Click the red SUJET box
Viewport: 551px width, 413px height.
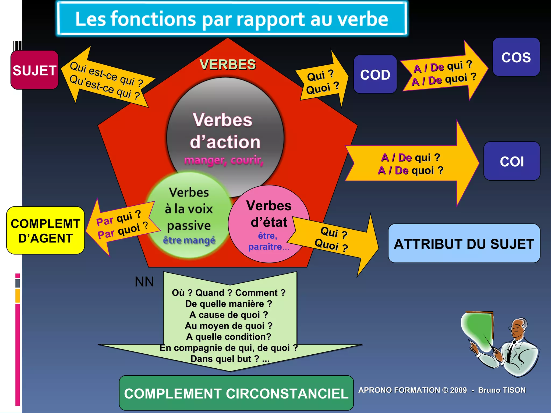click(x=34, y=70)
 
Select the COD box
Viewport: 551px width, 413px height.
click(x=375, y=74)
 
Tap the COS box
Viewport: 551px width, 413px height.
click(x=516, y=57)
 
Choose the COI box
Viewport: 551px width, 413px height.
click(x=512, y=161)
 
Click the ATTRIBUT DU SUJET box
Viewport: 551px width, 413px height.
click(x=464, y=244)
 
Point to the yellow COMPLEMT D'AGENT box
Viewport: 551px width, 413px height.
click(x=45, y=231)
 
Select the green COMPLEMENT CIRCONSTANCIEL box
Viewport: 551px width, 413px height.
click(x=236, y=393)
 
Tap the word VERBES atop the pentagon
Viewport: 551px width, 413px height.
click(x=228, y=65)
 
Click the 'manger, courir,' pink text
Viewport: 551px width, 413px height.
click(x=224, y=160)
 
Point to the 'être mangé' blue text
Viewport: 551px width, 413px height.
click(x=189, y=240)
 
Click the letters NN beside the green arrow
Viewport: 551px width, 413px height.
click(x=144, y=282)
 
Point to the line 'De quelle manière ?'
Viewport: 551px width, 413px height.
click(x=229, y=304)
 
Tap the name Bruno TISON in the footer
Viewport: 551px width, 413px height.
click(x=502, y=390)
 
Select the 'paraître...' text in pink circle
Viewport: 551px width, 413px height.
click(x=269, y=247)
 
